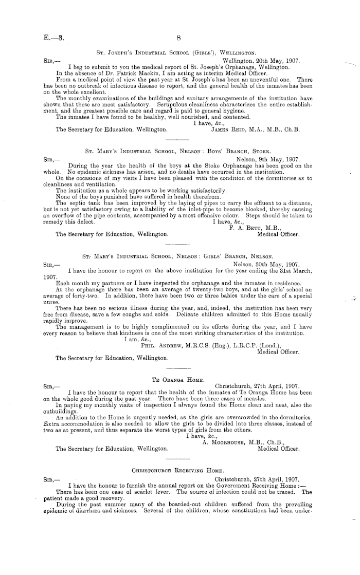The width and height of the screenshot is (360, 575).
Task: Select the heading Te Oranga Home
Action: tap(178, 380)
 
